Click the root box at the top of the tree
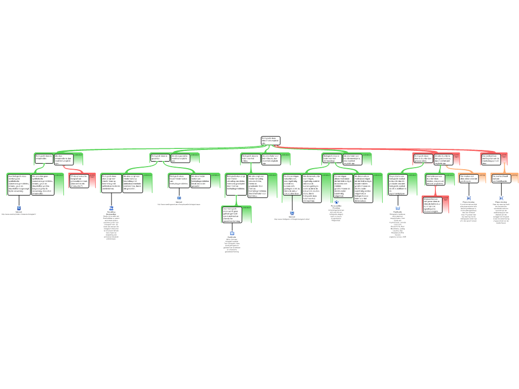tap(270, 140)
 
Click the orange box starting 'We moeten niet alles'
tap(469, 178)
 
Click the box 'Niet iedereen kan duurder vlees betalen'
tap(435, 179)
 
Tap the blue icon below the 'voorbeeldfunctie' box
tap(501, 198)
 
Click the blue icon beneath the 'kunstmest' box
tap(232, 233)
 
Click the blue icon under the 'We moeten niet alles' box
tap(469, 198)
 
